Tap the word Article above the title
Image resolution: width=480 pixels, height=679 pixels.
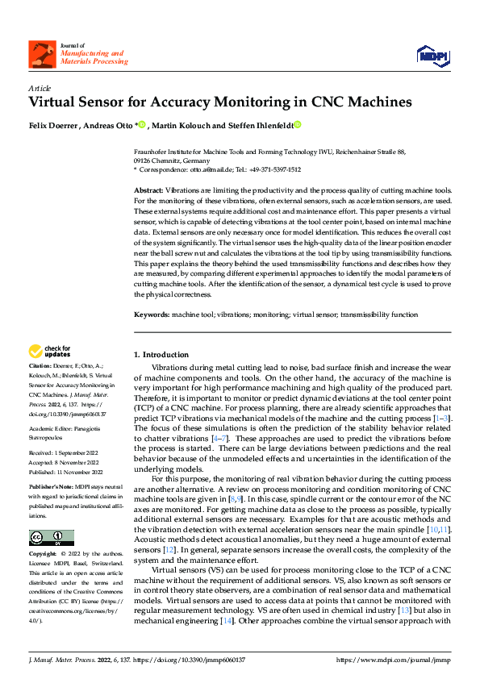[x=40, y=88]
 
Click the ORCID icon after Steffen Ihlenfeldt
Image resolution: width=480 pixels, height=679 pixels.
[x=297, y=124]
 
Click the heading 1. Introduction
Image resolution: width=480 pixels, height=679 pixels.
[x=161, y=354]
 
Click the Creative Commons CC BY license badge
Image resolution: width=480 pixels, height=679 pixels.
[x=51, y=538]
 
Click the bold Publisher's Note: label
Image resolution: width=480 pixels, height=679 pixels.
[x=50, y=488]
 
